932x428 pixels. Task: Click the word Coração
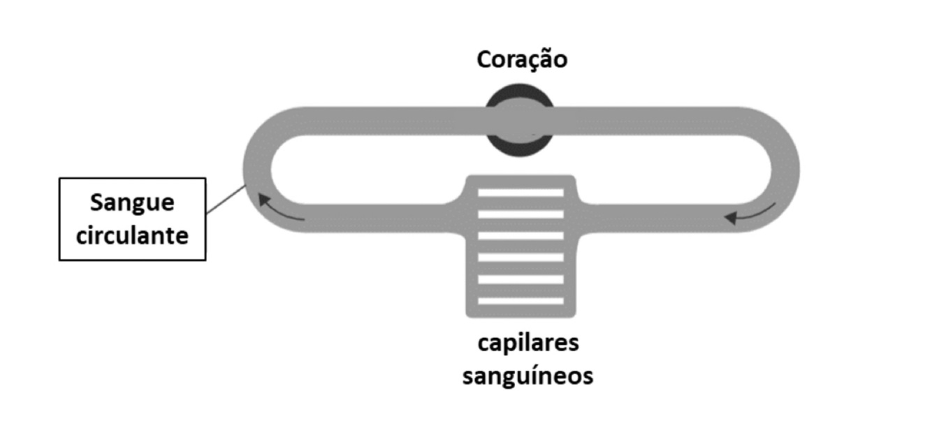522,60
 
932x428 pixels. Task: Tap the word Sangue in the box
132,203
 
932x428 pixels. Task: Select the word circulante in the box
132,235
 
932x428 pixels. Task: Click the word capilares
528,344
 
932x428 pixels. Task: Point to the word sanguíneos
528,376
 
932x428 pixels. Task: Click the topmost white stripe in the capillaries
520,192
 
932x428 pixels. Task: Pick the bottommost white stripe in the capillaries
520,301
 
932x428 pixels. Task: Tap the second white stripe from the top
520,214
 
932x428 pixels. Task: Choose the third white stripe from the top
520,236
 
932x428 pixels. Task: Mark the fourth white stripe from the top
520,258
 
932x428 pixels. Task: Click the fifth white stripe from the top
520,279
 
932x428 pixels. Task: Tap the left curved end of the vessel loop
256,170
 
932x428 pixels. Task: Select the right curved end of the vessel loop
785,170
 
